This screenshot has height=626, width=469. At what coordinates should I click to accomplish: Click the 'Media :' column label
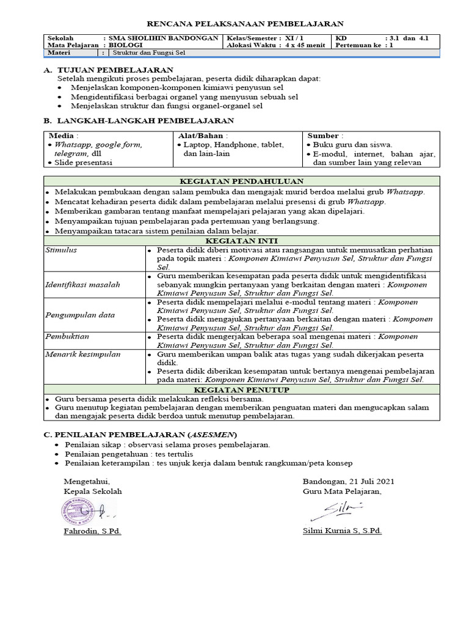pos(63,136)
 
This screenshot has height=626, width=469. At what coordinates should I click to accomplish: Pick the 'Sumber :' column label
pos(325,136)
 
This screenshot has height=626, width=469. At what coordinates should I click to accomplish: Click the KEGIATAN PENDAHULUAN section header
pos(241,182)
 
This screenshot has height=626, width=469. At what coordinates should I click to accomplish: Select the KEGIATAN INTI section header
pos(241,241)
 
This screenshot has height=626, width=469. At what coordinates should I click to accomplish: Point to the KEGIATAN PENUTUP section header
pos(241,389)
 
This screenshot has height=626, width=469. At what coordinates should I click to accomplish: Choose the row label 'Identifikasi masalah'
pos(83,285)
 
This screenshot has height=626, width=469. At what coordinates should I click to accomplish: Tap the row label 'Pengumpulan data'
pos(80,315)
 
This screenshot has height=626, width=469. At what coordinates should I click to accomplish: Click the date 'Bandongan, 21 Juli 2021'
pos(348,481)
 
